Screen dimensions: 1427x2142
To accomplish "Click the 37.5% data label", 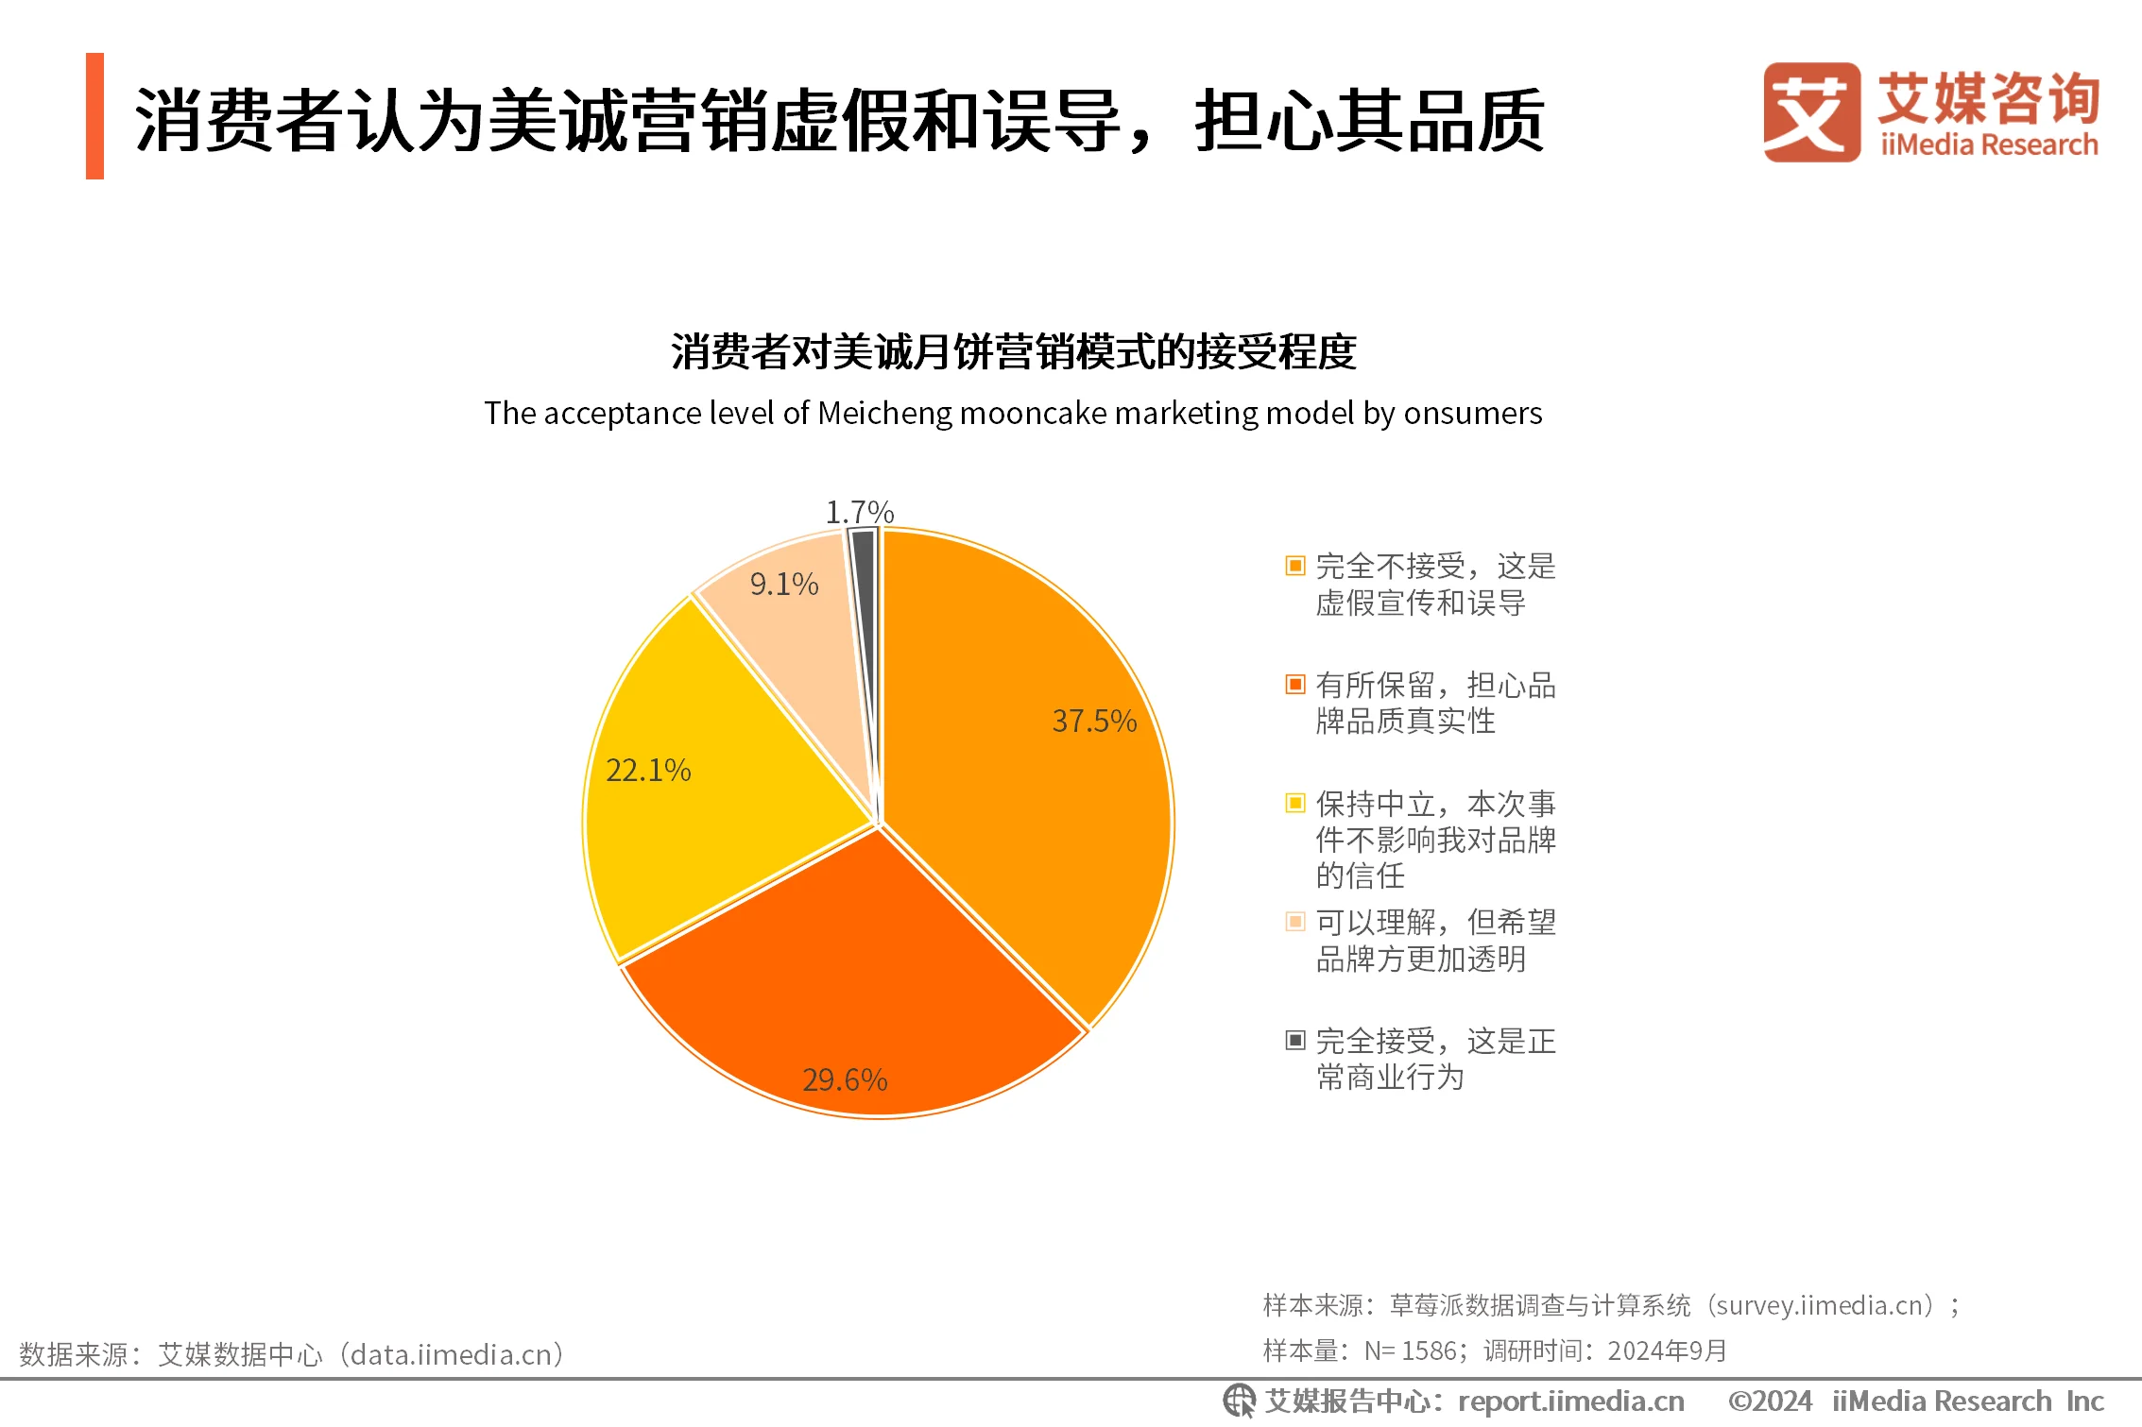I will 1094,722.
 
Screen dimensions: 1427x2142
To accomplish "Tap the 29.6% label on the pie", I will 845,1079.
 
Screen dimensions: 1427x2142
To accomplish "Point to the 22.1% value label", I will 648,771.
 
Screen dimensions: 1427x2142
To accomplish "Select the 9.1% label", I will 784,585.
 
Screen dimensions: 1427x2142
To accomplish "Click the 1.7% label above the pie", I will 860,512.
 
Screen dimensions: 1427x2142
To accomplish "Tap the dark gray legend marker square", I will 1295,1040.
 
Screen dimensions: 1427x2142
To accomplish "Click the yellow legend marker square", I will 1295,803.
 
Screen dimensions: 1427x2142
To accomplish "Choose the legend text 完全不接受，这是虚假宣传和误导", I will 1434,585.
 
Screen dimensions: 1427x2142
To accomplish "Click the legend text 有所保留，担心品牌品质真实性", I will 1434,703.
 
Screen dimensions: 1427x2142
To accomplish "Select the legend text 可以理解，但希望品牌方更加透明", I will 1434,940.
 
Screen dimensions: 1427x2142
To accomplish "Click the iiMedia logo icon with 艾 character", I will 1811,112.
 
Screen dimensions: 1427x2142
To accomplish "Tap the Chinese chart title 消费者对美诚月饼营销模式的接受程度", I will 1013,352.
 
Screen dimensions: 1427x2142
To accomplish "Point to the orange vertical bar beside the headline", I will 94,116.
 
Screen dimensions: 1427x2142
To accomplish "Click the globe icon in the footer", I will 1239,1401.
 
